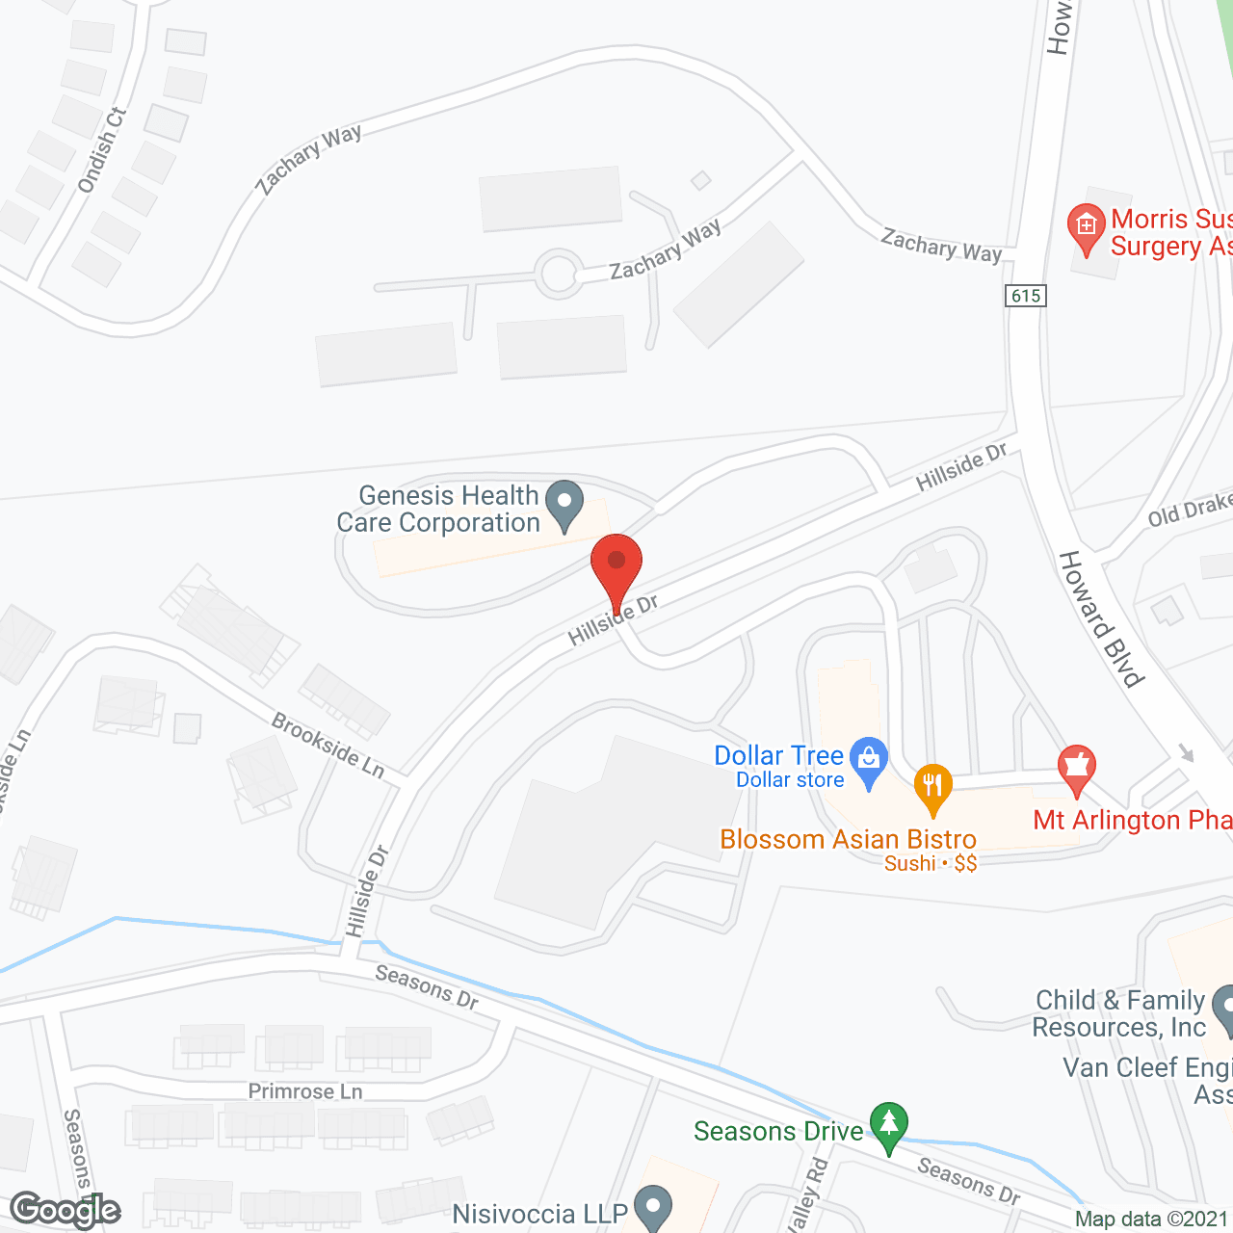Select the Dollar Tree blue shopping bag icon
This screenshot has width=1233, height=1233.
coord(869,762)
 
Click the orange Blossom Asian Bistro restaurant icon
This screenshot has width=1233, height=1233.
coord(931,788)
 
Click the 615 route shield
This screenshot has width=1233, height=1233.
coord(1026,296)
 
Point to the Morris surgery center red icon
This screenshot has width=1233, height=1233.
coord(1087,228)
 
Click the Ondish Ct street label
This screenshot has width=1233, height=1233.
coord(102,150)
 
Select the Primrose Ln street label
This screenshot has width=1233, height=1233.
coord(305,1091)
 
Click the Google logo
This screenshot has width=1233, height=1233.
coord(66,1210)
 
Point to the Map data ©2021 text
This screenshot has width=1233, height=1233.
coord(1151,1220)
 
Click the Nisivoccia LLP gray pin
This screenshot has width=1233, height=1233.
coord(654,1208)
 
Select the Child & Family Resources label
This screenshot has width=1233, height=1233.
coord(1119,1013)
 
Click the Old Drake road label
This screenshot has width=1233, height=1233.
coord(1190,510)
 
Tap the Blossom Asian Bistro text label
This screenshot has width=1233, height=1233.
coord(848,839)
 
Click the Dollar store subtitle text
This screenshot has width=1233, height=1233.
coord(790,780)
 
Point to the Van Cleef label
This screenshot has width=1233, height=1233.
coord(1146,1068)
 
